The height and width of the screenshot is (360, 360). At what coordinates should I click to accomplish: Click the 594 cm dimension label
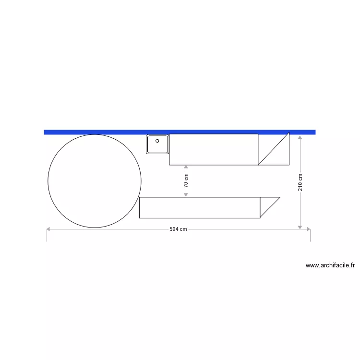click(178, 229)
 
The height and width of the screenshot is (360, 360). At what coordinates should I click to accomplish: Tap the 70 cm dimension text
click(186, 180)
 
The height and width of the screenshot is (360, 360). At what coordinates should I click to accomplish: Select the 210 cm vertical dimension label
click(300, 182)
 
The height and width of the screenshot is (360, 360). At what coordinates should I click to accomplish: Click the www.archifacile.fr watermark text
click(330, 265)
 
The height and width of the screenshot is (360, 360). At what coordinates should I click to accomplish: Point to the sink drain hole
click(157, 141)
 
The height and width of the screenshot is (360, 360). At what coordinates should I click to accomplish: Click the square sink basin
click(157, 144)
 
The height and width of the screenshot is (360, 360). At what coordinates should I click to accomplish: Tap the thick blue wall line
click(180, 132)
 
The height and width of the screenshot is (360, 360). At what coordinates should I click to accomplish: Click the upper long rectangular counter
click(214, 149)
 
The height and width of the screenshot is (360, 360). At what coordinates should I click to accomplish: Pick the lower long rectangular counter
click(200, 207)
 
